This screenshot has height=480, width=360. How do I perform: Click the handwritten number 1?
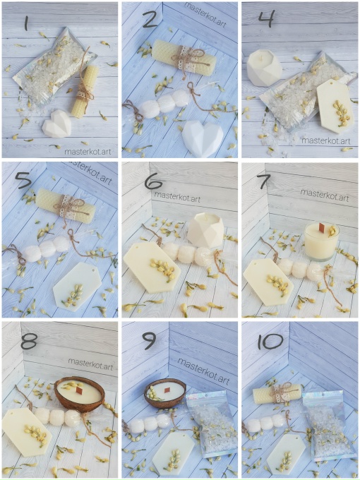[x=26, y=23]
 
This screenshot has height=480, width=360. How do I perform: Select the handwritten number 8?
[x=29, y=340]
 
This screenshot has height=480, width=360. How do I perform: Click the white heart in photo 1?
[x=56, y=124]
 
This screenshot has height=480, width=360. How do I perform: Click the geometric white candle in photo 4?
[x=264, y=68]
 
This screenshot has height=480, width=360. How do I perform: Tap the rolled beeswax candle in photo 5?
[x=65, y=205]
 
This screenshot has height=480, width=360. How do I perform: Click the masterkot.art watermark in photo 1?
[x=88, y=151]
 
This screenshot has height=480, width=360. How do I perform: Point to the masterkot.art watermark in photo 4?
[x=325, y=140]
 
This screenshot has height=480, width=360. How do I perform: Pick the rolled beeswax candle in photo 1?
[x=85, y=91]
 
